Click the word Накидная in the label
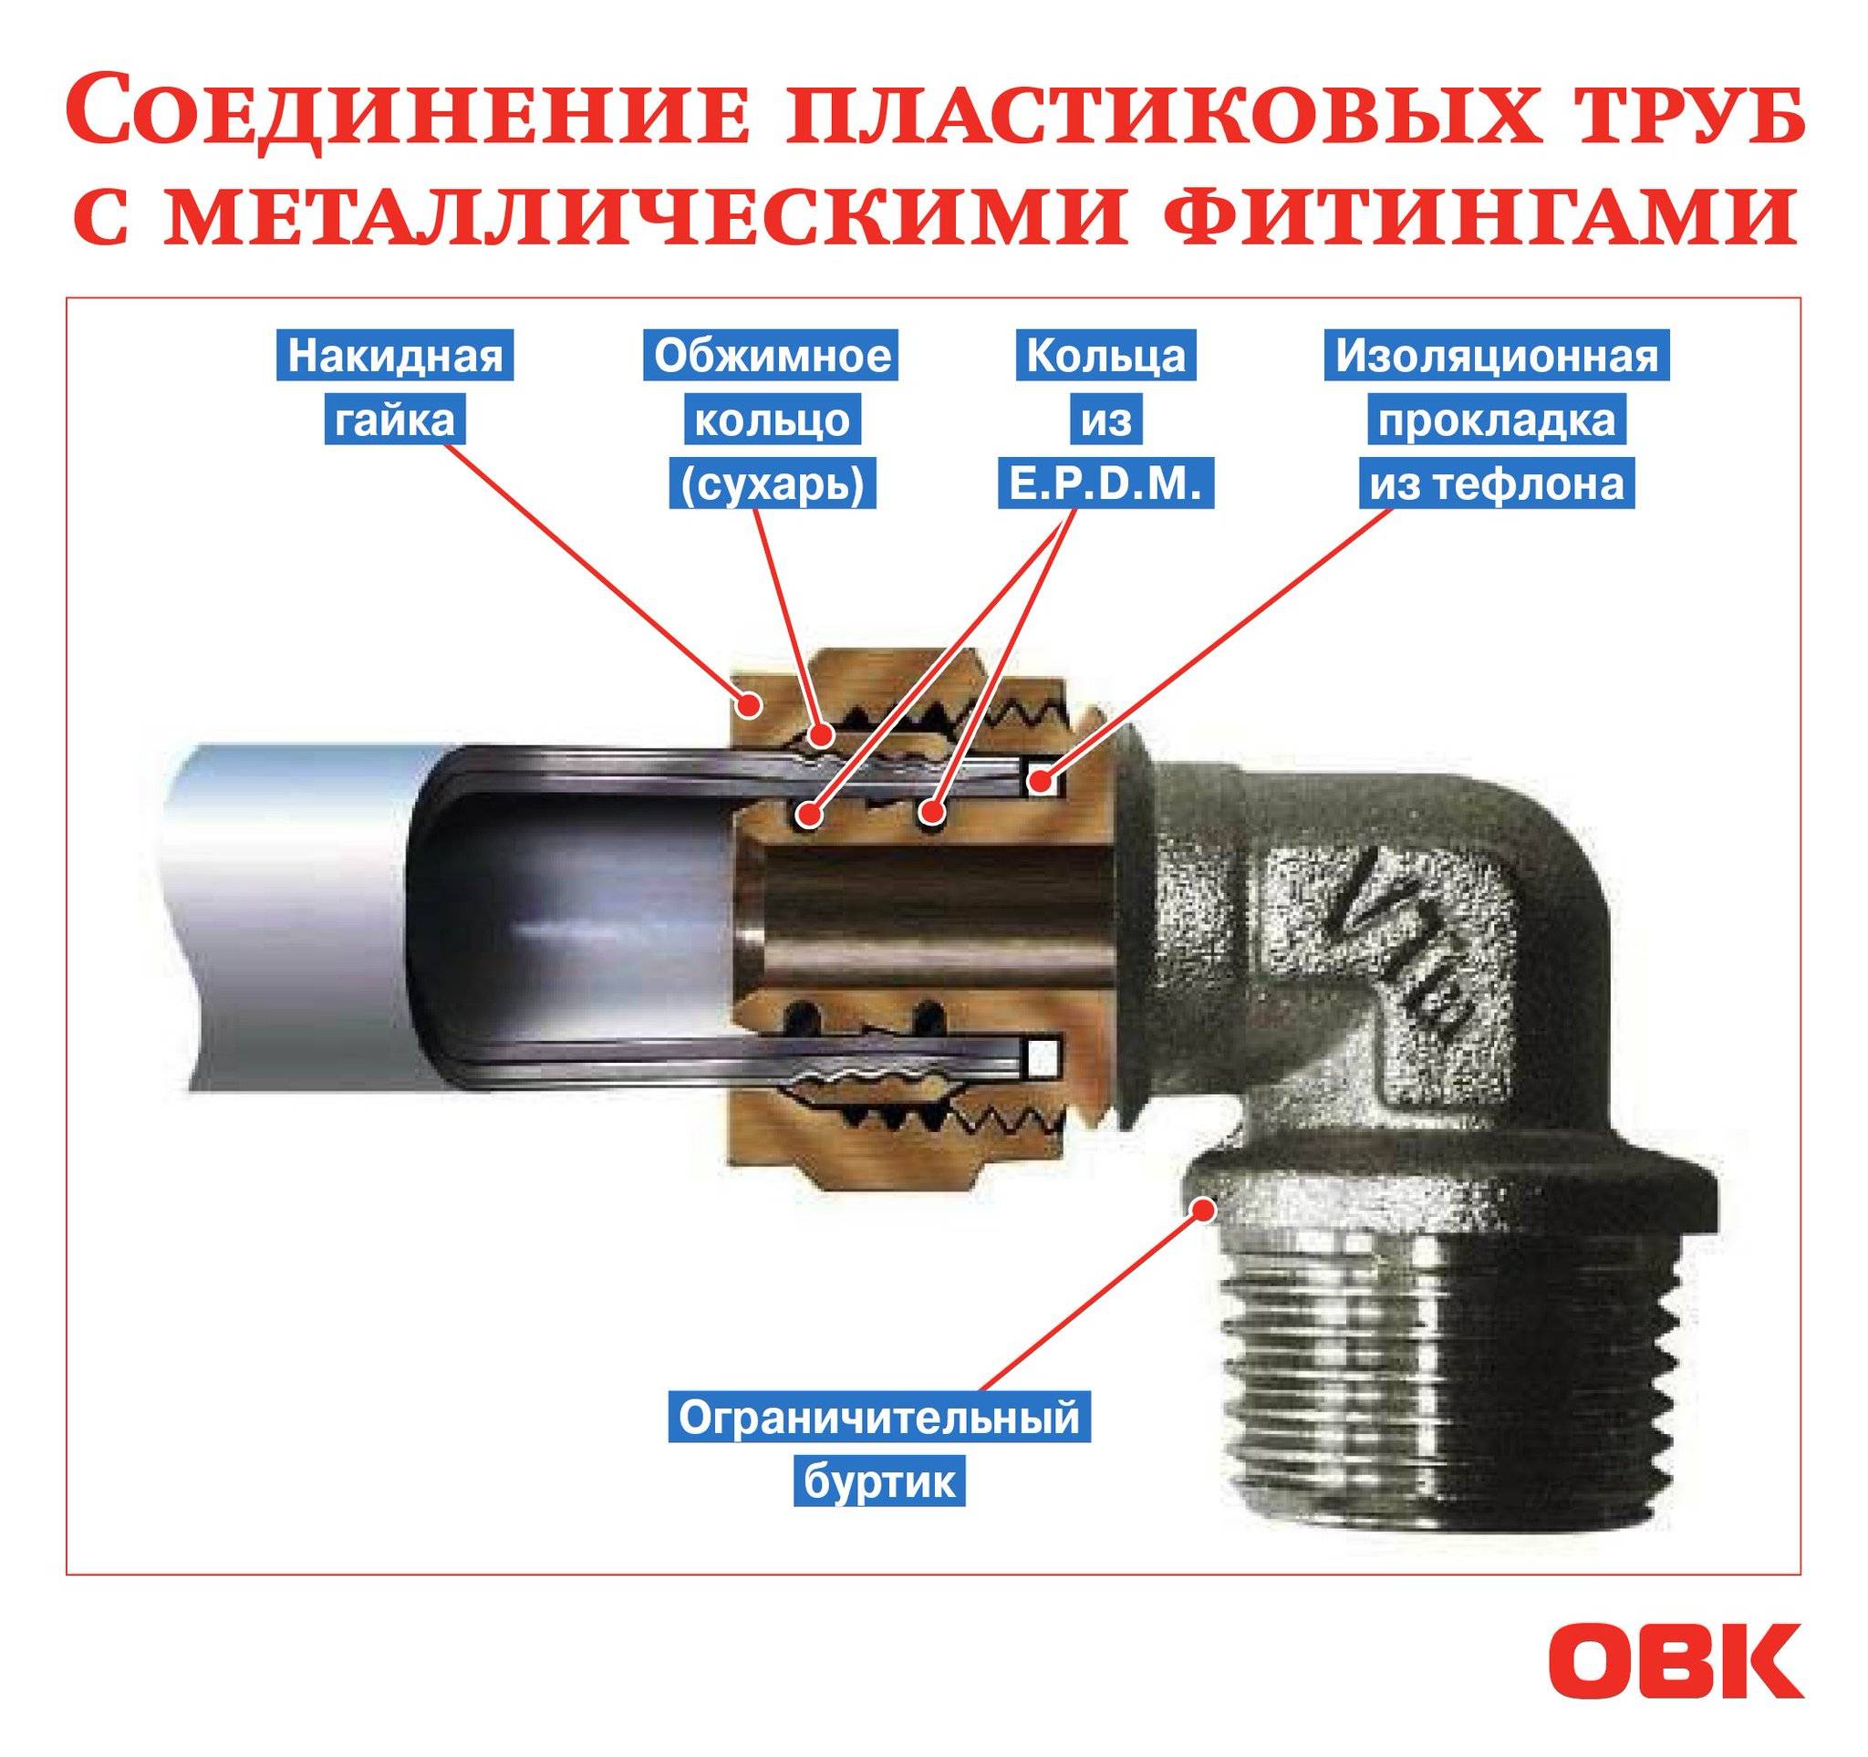point(395,356)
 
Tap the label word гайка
point(395,420)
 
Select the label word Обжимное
point(772,356)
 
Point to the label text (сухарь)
point(773,483)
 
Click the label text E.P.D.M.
point(1106,483)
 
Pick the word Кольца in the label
point(1106,356)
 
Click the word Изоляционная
point(1497,356)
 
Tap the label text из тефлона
point(1496,483)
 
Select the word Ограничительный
point(878,1418)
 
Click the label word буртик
point(878,1481)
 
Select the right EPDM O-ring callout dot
point(931,810)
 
